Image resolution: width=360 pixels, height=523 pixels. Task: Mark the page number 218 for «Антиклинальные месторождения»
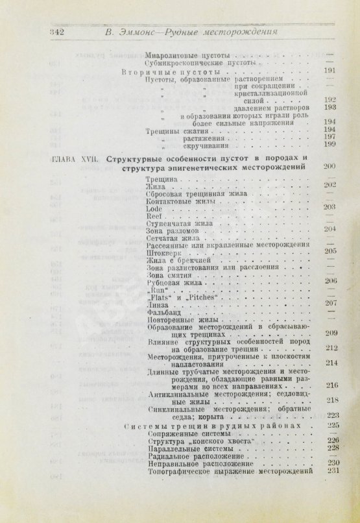click(333, 399)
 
